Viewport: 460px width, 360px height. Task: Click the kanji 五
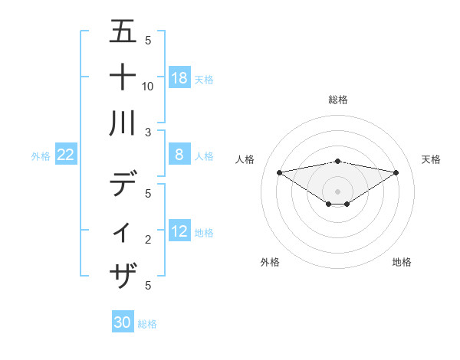123,32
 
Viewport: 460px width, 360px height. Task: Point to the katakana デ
123,185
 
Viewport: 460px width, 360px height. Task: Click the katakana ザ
123,273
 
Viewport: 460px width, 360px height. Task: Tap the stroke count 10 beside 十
148,87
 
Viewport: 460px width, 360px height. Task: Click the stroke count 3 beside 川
148,133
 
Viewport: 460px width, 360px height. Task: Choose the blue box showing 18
179,77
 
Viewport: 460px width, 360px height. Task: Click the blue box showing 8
179,155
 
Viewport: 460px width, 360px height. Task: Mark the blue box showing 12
179,231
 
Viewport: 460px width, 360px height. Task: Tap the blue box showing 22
66,155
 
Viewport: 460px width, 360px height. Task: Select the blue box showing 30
123,322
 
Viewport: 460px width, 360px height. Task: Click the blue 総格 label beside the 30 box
147,324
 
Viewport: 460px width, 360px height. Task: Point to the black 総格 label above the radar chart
337,100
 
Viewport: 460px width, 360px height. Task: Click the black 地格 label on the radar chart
402,262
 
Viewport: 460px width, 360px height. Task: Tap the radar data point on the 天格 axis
396,172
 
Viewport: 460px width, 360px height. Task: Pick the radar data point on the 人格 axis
279,172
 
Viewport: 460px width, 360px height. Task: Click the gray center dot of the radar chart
337,191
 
